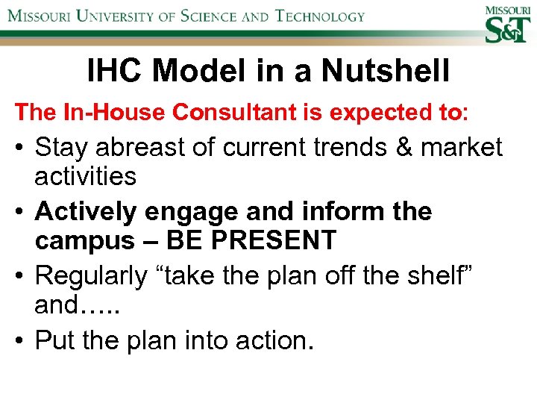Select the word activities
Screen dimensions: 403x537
click(86, 177)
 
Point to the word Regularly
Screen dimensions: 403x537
click(91, 275)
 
